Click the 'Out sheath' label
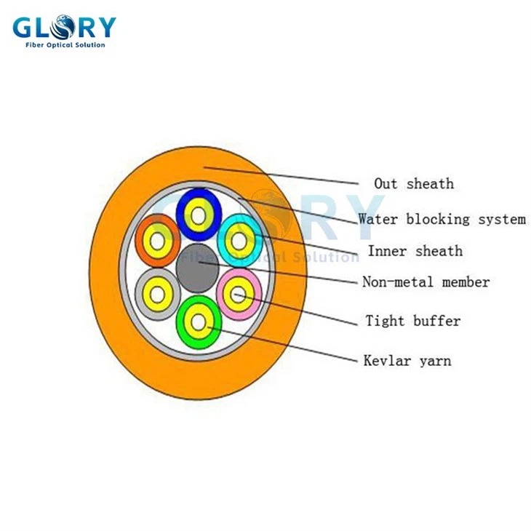(413, 183)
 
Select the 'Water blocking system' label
(442, 219)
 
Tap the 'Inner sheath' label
(415, 251)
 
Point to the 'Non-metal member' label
(426, 282)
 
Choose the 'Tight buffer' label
(412, 321)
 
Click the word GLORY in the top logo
(64, 27)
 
